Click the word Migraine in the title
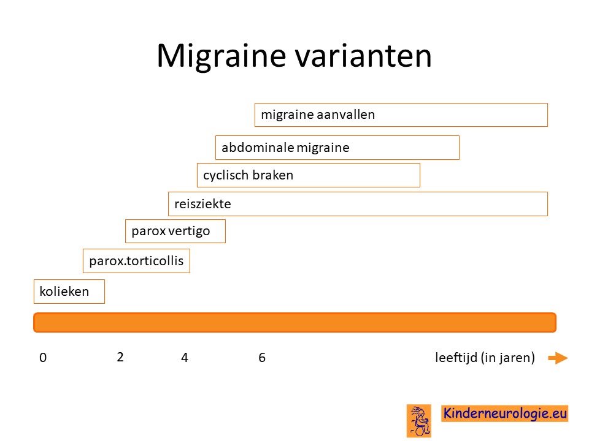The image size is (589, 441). coord(221,56)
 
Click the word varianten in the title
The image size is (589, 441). coord(363,56)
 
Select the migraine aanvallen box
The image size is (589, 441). coord(401,115)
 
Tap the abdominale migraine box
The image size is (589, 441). coord(337,148)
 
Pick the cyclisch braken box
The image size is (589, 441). coord(309,175)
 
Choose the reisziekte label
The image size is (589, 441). coord(202,204)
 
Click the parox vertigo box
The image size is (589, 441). coord(175,232)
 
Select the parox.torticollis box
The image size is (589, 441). coord(136,261)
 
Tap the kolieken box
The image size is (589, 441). coord(69,292)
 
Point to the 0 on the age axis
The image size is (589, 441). coord(43,358)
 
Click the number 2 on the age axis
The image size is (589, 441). coord(120,357)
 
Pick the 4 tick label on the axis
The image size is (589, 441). coord(185,358)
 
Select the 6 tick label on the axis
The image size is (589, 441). coord(262,358)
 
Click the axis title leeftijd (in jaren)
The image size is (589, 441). coord(485,358)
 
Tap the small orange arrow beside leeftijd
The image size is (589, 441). coord(558,358)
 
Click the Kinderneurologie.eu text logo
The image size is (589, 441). coord(504,413)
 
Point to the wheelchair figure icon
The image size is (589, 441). coord(419,421)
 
